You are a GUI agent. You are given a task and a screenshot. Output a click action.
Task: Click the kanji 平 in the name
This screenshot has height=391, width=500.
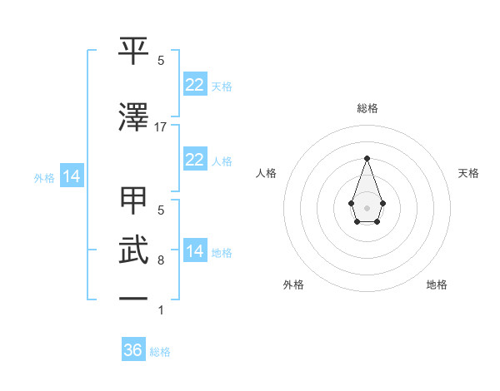click(x=134, y=52)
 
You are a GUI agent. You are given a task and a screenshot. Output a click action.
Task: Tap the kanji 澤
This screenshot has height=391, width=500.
click(x=134, y=117)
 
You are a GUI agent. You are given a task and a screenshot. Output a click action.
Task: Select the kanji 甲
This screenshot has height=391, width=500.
click(x=134, y=202)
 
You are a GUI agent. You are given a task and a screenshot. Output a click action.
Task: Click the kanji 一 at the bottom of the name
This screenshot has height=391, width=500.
click(x=134, y=297)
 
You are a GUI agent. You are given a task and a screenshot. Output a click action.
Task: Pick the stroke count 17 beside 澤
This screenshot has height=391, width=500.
click(x=161, y=127)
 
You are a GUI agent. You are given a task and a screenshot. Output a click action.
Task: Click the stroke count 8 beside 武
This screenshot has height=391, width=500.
click(x=161, y=260)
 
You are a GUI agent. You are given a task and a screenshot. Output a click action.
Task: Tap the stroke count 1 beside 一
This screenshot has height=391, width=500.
click(x=161, y=310)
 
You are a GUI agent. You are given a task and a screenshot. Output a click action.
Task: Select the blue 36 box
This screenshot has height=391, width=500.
click(x=133, y=350)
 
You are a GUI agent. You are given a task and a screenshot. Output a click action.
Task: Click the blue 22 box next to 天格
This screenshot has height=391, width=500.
click(x=194, y=85)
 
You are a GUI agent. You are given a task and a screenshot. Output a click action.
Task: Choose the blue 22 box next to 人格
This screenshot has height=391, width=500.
click(x=194, y=160)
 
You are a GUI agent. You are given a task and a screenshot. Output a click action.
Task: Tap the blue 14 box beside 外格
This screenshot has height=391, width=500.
click(x=71, y=176)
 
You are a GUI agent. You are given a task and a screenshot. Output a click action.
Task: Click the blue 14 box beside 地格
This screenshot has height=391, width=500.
click(x=194, y=251)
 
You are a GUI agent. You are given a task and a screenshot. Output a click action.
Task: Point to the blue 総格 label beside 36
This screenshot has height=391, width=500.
click(x=160, y=352)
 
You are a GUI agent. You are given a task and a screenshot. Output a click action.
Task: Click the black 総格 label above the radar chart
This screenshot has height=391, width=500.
click(x=367, y=108)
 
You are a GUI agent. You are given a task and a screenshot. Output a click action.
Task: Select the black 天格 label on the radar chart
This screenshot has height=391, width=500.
click(x=469, y=173)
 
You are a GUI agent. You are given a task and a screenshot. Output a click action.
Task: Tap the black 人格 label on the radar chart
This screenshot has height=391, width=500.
click(x=267, y=173)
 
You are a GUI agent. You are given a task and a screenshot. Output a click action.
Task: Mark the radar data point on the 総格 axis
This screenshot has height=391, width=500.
click(x=367, y=158)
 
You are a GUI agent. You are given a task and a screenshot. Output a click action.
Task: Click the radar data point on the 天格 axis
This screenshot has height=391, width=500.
click(x=382, y=203)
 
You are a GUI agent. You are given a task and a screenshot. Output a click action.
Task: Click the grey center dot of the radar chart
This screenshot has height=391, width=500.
click(x=367, y=207)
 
